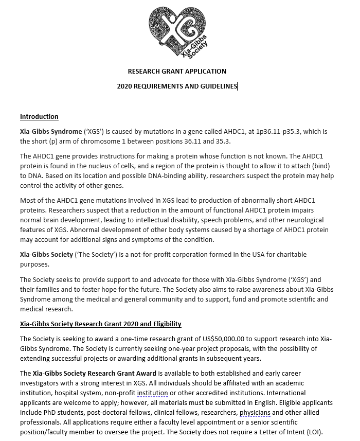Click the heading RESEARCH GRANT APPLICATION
pyautogui.click(x=177, y=72)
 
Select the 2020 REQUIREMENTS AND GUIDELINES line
pyautogui.click(x=177, y=86)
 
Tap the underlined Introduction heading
pyautogui.click(x=39, y=117)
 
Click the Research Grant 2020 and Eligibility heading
pyautogui.click(x=100, y=324)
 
